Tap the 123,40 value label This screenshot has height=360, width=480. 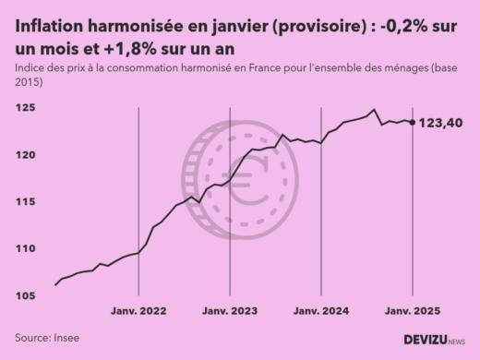coord(441,123)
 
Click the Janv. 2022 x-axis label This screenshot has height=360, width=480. coord(138,311)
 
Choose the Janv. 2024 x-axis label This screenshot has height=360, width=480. coord(320,311)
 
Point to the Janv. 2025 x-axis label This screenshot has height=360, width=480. coord(411,311)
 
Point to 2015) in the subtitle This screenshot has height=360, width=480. coord(28,83)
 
